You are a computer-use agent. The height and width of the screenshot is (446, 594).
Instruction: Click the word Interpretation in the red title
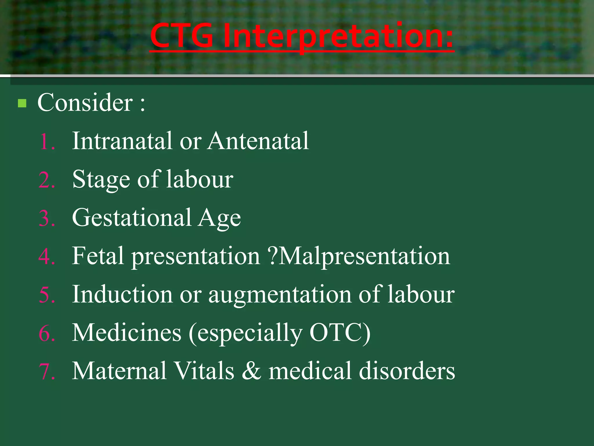tap(338, 36)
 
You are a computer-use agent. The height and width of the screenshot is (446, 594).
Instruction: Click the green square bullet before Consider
tap(22, 103)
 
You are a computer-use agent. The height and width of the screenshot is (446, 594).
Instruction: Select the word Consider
tap(85, 103)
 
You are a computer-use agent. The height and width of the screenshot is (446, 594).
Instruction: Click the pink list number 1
tap(46, 142)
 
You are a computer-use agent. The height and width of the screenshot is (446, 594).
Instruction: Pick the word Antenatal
tap(258, 141)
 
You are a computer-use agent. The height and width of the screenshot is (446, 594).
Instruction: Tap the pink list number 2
tap(46, 180)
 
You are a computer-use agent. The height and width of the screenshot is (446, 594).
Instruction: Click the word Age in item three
tap(220, 219)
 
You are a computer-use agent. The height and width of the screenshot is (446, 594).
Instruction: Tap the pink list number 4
tap(46, 257)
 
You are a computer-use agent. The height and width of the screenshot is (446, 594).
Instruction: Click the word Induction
tap(122, 294)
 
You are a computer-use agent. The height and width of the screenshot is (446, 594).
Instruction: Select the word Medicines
tap(127, 333)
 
